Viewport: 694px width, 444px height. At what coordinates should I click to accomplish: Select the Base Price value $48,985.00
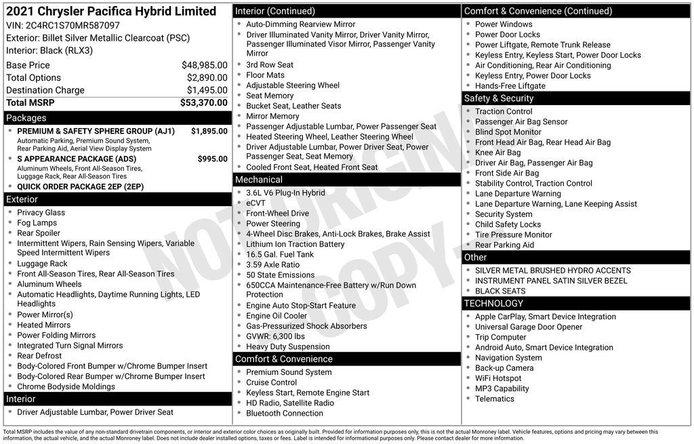click(x=204, y=65)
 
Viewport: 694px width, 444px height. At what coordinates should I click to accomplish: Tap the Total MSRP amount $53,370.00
click(x=203, y=102)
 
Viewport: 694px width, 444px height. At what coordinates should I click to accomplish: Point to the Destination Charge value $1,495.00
click(x=207, y=90)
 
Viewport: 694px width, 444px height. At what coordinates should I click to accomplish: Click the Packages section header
click(x=26, y=118)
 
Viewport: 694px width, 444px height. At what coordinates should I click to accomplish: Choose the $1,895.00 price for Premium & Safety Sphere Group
click(x=209, y=132)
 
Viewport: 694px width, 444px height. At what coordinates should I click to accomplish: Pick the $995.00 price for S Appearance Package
click(x=212, y=159)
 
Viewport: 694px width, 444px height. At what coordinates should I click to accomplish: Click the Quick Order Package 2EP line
click(x=81, y=186)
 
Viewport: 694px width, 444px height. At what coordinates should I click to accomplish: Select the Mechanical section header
click(x=258, y=180)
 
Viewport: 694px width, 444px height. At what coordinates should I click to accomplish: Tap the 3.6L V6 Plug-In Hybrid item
click(x=285, y=193)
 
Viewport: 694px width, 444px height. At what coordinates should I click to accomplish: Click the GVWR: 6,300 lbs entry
click(x=275, y=336)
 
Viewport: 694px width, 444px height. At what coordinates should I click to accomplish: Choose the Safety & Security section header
click(x=499, y=98)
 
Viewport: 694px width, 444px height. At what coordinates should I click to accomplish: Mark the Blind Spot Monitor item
click(x=508, y=132)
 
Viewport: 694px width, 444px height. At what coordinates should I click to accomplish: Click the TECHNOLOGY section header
click(x=494, y=303)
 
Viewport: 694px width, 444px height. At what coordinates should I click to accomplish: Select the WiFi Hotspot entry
click(x=498, y=378)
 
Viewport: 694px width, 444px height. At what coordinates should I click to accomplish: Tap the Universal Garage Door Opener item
click(x=529, y=327)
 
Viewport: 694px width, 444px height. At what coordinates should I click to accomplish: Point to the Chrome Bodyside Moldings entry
click(x=66, y=386)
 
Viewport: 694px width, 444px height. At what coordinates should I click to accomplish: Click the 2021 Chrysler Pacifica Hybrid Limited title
click(x=111, y=11)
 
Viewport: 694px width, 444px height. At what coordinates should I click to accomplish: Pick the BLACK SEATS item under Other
click(x=500, y=291)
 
